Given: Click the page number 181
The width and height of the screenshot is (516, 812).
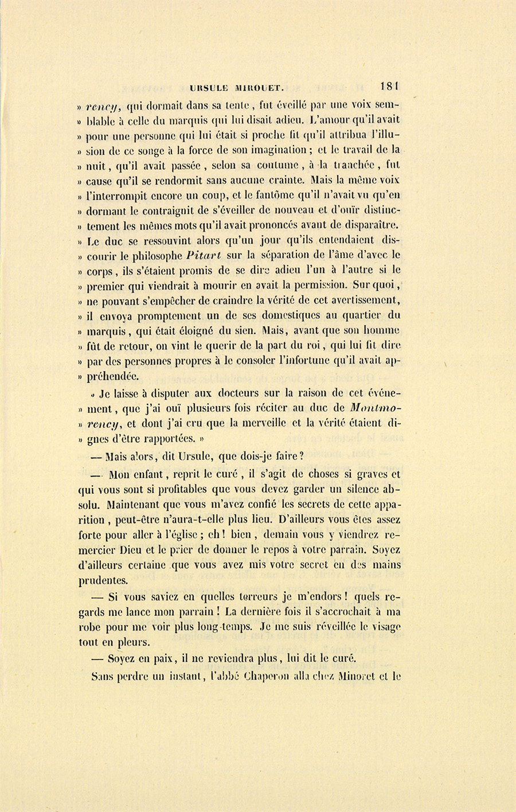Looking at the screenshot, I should point(389,87).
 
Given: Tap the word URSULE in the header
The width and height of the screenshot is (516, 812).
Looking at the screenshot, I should point(207,88).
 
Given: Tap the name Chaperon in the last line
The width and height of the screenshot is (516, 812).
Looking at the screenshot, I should point(269,676).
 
